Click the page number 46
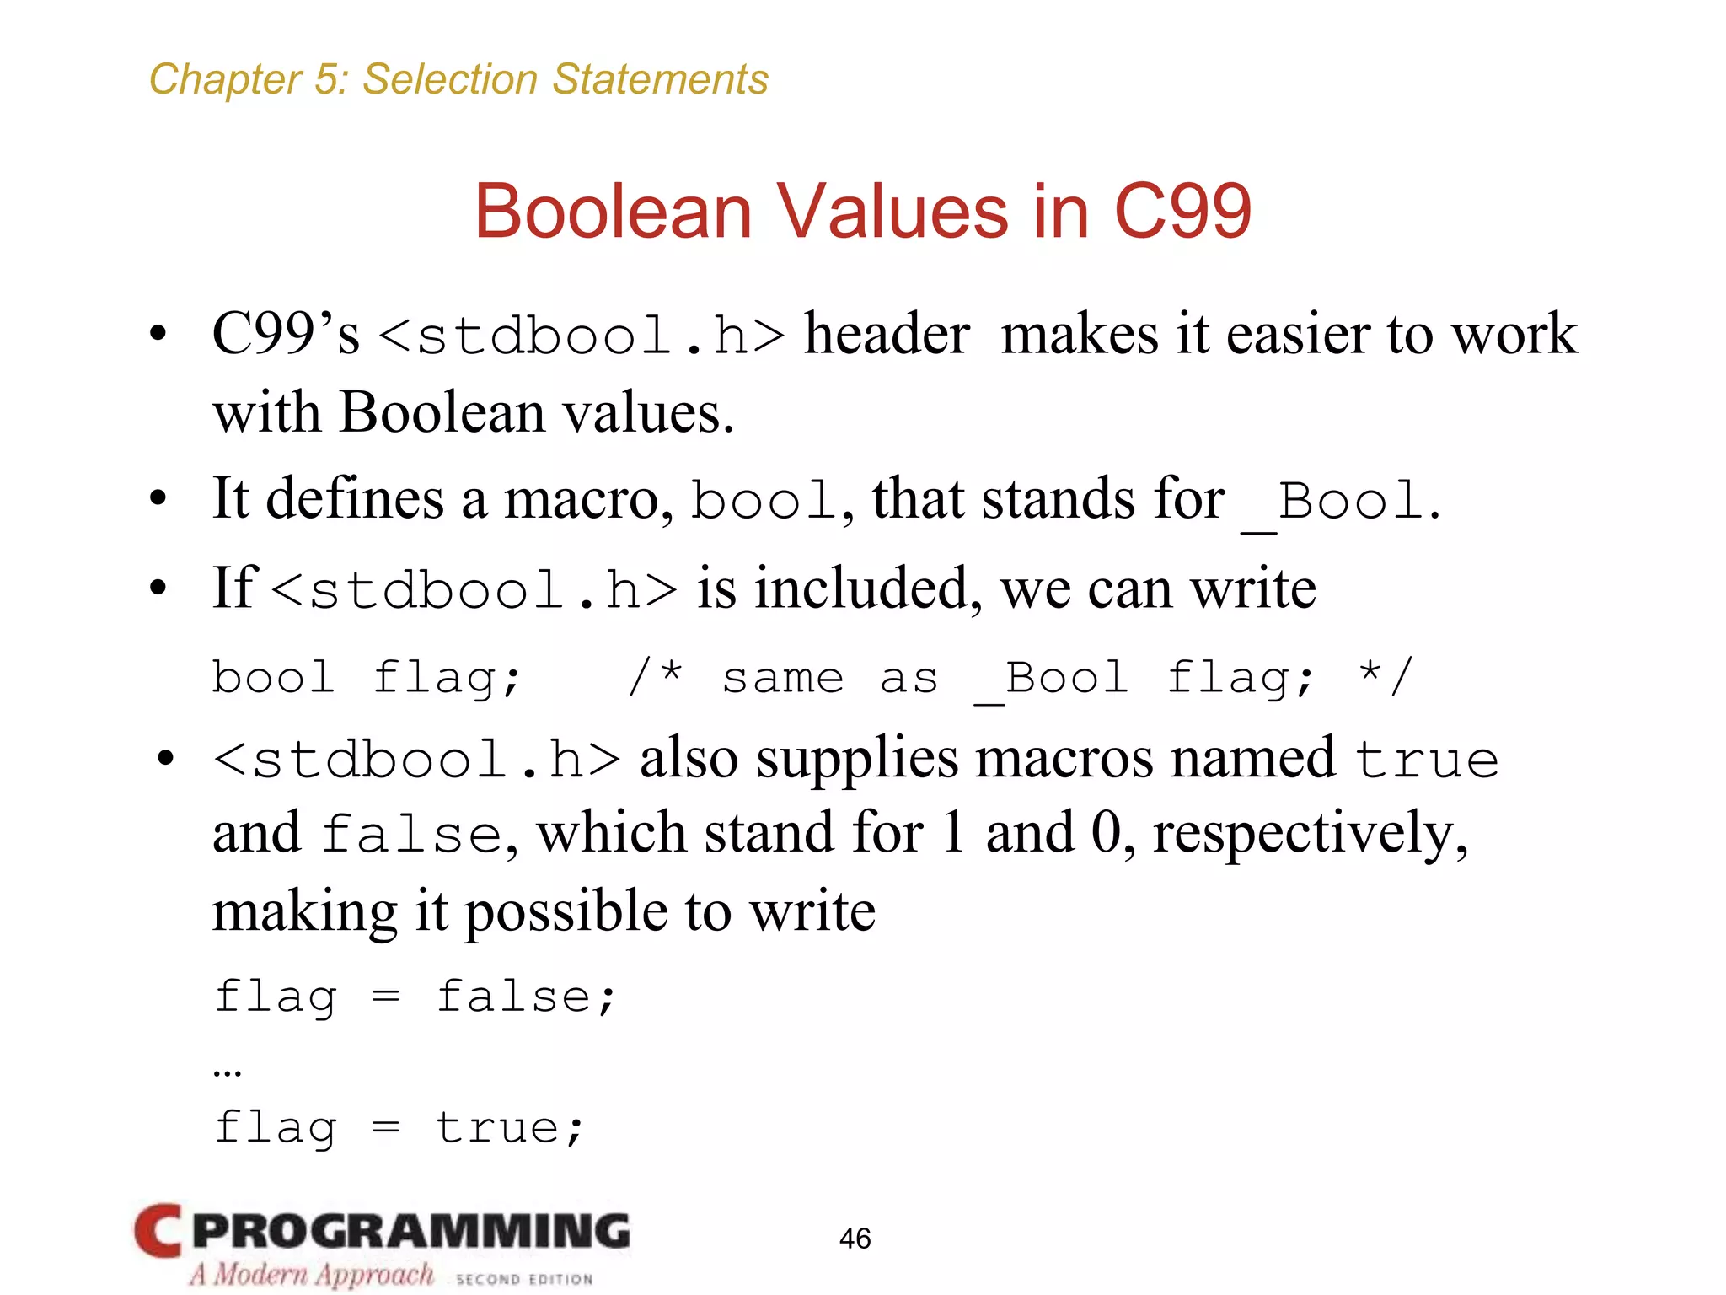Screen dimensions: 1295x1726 point(855,1238)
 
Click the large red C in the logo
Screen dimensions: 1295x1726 point(158,1231)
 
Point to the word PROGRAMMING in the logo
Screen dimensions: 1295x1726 point(411,1231)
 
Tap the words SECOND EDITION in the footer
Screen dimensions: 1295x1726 point(524,1279)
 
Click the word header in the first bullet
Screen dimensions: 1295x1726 point(887,334)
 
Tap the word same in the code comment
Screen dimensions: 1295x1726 point(783,678)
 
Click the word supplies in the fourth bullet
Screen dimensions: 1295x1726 point(857,759)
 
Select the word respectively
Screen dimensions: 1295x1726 point(1310,833)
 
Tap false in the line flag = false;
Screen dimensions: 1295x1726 point(514,997)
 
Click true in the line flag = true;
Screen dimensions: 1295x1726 point(497,1127)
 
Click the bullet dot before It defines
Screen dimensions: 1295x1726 point(158,498)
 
